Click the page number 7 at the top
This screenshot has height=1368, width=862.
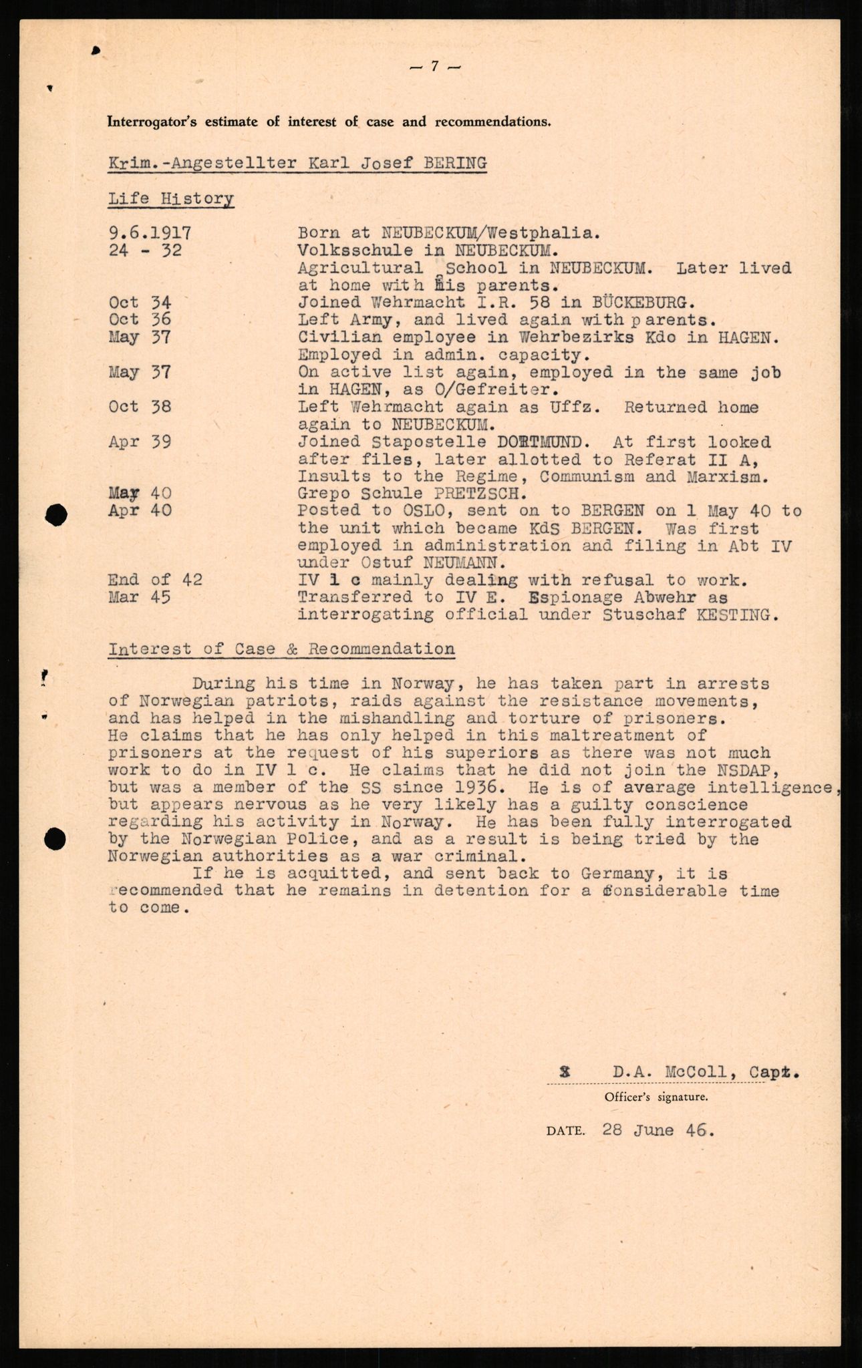434,66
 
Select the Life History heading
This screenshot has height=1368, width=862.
171,198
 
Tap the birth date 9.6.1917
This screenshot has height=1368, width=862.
150,232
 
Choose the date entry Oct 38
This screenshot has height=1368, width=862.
140,406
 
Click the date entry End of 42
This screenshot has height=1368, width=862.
156,580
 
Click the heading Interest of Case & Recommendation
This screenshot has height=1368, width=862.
281,649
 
